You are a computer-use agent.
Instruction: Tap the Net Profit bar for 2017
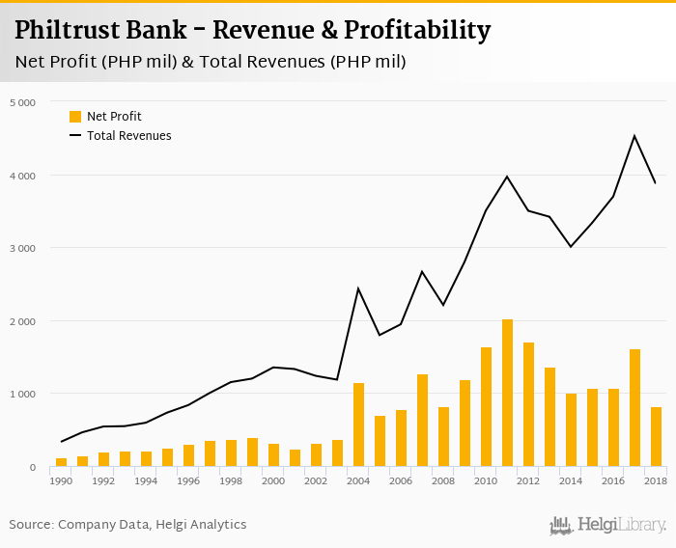click(634, 408)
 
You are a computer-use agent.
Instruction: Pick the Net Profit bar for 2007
click(422, 421)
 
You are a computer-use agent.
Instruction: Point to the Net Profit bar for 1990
click(62, 462)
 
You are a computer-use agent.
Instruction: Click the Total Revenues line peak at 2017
click(634, 136)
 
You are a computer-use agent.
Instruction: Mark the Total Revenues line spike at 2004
click(358, 288)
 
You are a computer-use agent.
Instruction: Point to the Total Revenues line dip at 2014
click(571, 247)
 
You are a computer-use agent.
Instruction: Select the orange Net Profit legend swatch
click(75, 117)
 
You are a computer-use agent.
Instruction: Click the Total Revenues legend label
click(128, 136)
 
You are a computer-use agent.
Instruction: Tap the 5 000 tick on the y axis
click(22, 102)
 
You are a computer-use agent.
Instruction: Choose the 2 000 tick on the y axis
click(22, 321)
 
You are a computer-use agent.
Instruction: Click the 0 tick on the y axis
click(32, 468)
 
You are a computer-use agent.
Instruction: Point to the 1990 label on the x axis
click(61, 480)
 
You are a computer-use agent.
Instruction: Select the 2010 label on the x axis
click(486, 480)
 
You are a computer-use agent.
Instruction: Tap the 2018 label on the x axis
click(656, 480)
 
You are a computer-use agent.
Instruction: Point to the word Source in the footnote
click(31, 525)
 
